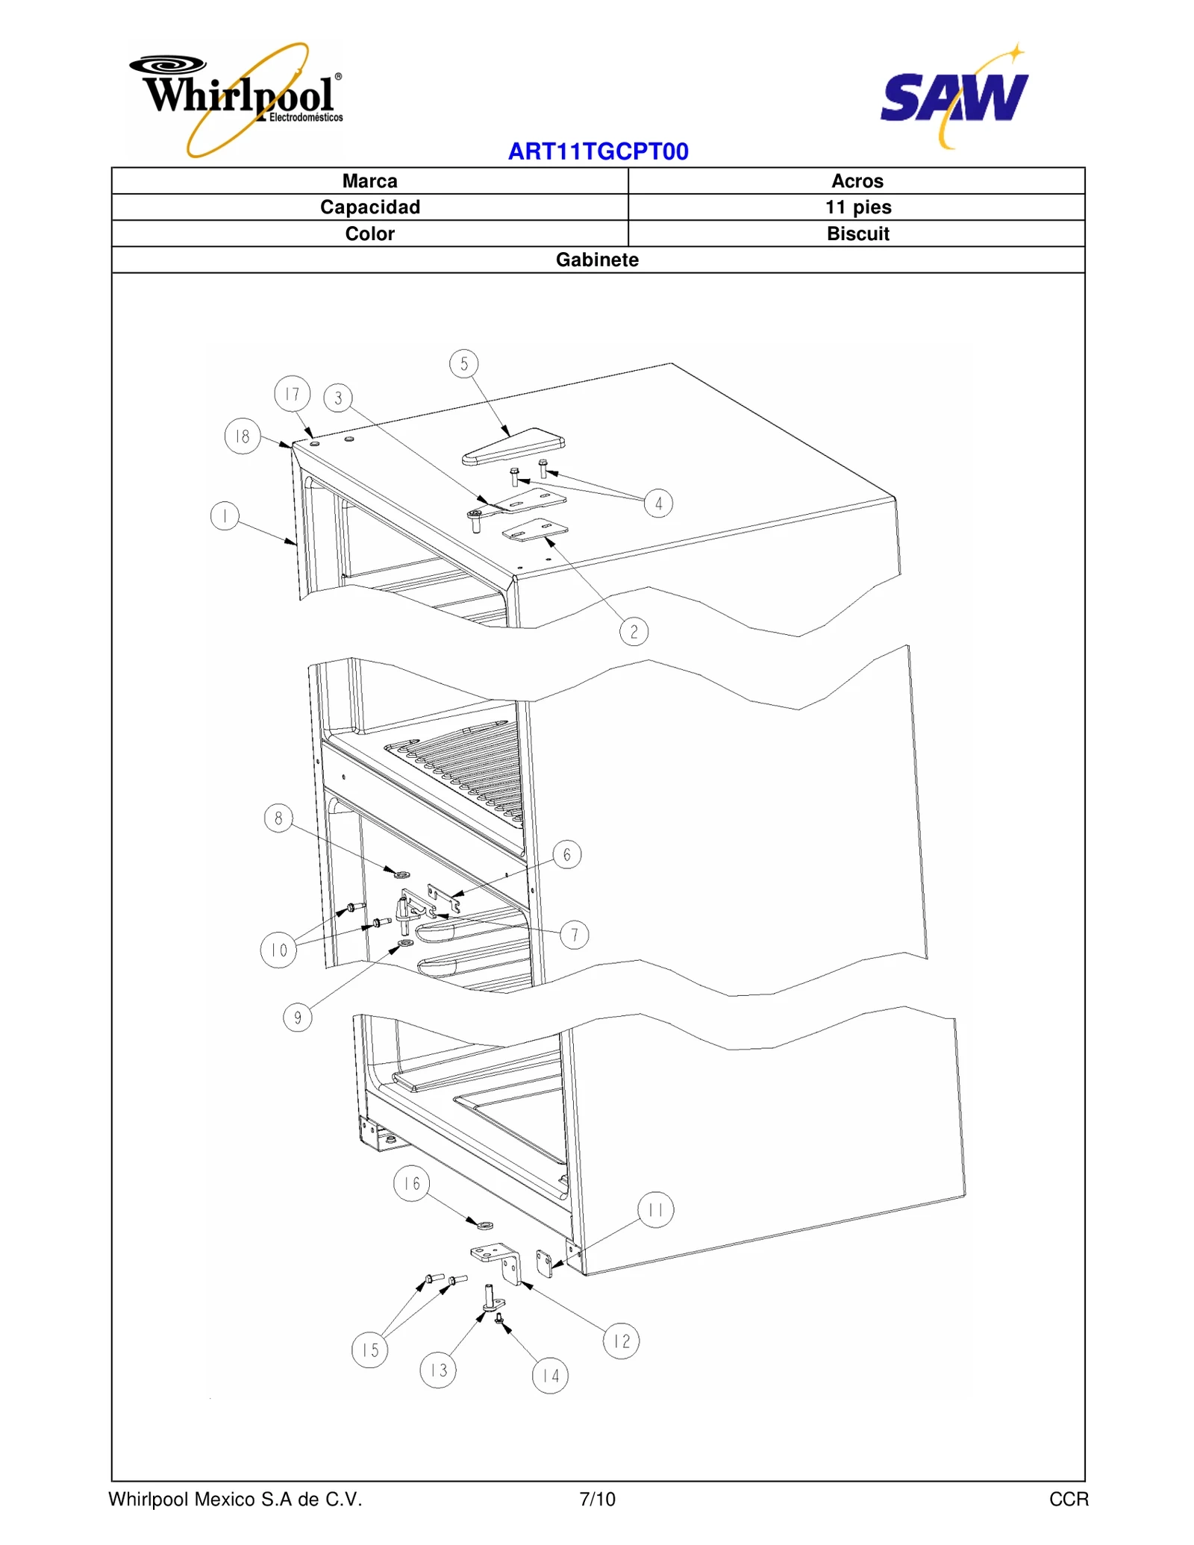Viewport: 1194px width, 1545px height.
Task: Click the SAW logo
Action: pos(954,97)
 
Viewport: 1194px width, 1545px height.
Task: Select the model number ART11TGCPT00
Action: pos(598,151)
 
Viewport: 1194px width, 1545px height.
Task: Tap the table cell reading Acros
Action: pos(857,181)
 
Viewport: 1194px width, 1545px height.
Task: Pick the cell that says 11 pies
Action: pos(857,207)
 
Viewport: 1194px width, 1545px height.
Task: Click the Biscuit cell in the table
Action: pos(857,234)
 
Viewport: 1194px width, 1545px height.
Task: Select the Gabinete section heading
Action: pos(597,260)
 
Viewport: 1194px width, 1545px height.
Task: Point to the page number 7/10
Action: pos(597,1499)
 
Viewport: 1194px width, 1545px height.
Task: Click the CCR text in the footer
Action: pos(1068,1499)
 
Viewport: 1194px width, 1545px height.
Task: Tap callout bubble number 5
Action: pos(464,364)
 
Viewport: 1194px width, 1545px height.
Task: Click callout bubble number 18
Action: pos(243,436)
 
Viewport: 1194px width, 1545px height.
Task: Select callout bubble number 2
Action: pos(634,632)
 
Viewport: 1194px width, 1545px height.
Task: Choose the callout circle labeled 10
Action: pos(278,950)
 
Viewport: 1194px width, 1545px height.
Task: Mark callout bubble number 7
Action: pos(574,935)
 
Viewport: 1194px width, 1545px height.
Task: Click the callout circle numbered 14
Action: pos(550,1376)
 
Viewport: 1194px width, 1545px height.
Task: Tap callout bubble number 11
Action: pos(655,1209)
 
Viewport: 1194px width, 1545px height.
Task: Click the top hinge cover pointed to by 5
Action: pos(513,447)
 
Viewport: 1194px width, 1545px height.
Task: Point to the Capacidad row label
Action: pos(369,207)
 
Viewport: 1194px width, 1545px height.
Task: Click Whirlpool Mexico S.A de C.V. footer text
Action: pos(235,1499)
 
